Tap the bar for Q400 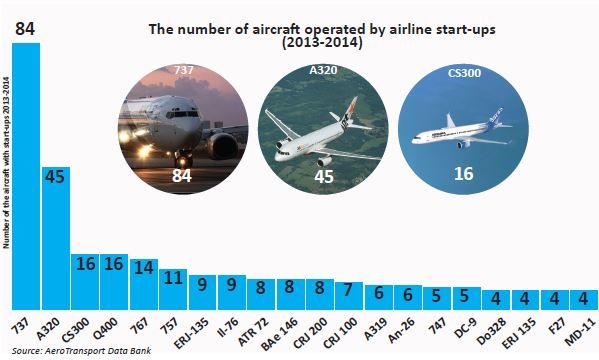pos(114,284)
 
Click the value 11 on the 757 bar pos(173,277)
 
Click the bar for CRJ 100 pos(348,297)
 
